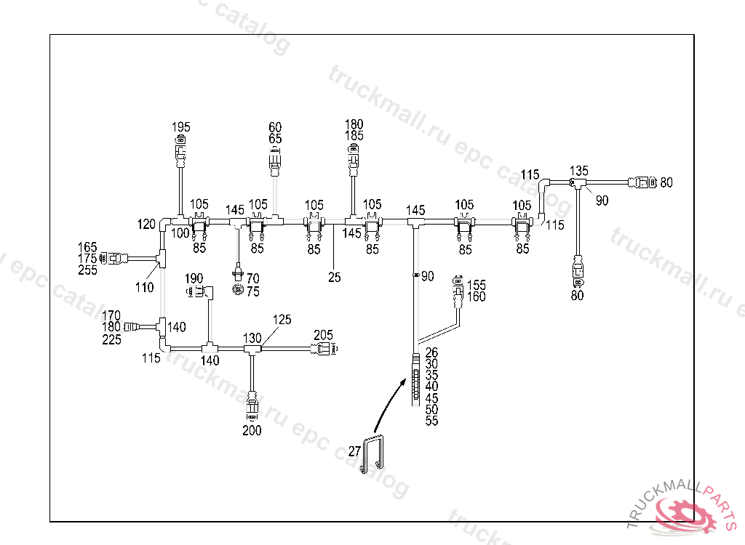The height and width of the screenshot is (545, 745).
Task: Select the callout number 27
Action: (354, 451)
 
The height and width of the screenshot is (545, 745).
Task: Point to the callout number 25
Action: (334, 277)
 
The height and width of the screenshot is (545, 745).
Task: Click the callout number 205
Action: (323, 335)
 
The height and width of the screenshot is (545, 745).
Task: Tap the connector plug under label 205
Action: (324, 350)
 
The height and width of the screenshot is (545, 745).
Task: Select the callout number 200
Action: (252, 430)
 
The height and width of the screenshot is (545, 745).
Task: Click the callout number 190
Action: (194, 278)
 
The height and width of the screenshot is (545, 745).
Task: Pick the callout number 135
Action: (578, 171)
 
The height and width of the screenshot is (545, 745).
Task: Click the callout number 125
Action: (282, 319)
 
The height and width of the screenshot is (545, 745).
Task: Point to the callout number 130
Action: (252, 338)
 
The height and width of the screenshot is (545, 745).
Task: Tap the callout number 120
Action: (146, 223)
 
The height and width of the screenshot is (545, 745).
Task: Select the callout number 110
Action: (144, 287)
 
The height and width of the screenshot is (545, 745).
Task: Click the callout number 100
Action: (180, 233)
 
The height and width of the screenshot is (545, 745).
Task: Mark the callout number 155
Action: (477, 285)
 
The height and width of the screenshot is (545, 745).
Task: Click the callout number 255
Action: (87, 270)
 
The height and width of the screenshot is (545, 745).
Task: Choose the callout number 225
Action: (112, 339)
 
